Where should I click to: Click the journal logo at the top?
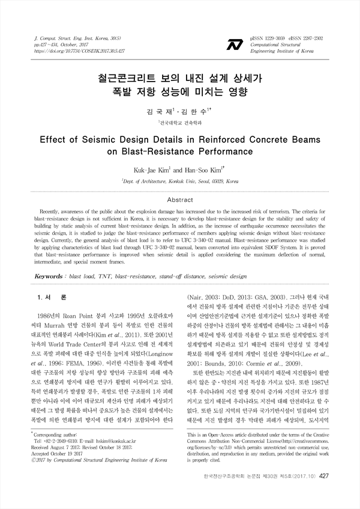pyautogui.click(x=235, y=44)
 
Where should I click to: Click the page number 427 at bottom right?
pyautogui.click(x=324, y=492)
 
